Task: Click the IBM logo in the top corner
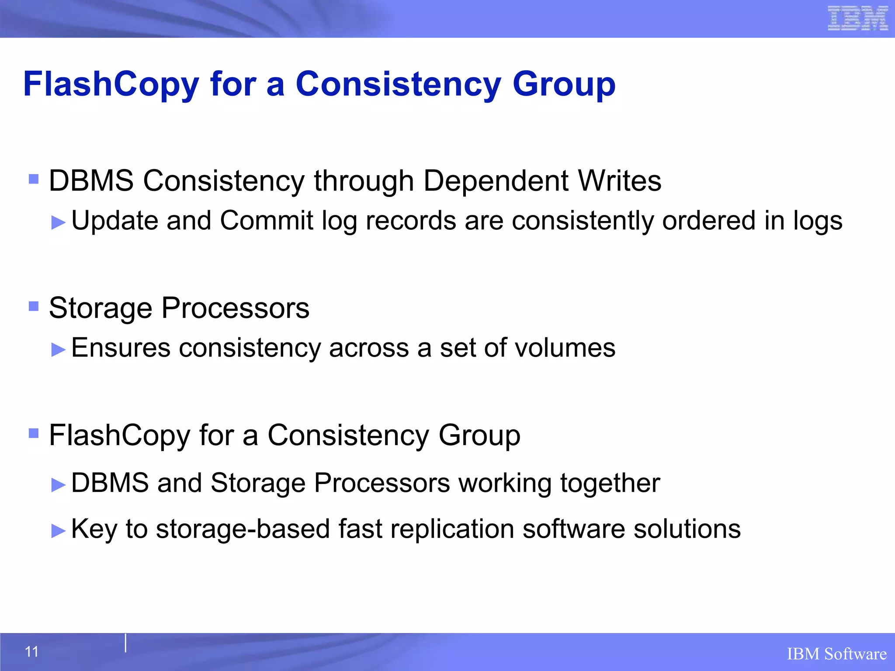pyautogui.click(x=858, y=18)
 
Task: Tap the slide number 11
pyautogui.click(x=32, y=652)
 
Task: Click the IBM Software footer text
pyautogui.click(x=836, y=654)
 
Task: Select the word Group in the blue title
pyautogui.click(x=564, y=84)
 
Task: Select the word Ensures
pyautogui.click(x=121, y=348)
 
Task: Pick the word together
pyautogui.click(x=610, y=483)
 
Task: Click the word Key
pyautogui.click(x=94, y=529)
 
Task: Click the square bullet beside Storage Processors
pyautogui.click(x=34, y=306)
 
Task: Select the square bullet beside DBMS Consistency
pyautogui.click(x=34, y=179)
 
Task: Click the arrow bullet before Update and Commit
pyautogui.click(x=58, y=222)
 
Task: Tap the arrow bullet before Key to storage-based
pyautogui.click(x=58, y=531)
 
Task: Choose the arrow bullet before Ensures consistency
pyautogui.click(x=58, y=349)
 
